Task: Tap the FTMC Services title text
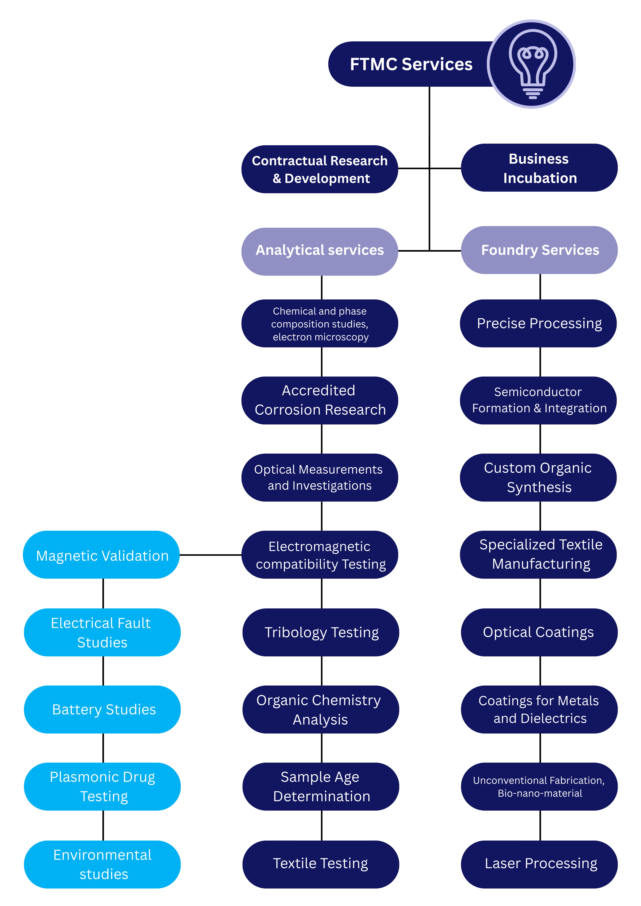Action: pyautogui.click(x=411, y=64)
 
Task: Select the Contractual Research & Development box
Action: pyautogui.click(x=320, y=169)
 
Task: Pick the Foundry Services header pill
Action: pyautogui.click(x=539, y=250)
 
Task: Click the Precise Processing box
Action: pyautogui.click(x=538, y=324)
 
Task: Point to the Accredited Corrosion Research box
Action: pyautogui.click(x=320, y=400)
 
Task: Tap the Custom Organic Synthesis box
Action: pyautogui.click(x=538, y=477)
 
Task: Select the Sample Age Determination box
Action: pyautogui.click(x=321, y=786)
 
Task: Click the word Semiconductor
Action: pyautogui.click(x=538, y=392)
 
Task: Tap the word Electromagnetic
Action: pyautogui.click(x=319, y=546)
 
